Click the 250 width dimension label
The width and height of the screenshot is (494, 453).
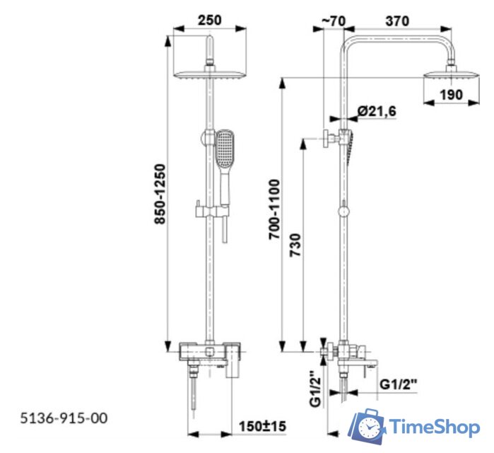[209, 20]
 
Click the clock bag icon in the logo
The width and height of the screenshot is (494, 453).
[368, 426]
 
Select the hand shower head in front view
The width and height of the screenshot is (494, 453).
[225, 149]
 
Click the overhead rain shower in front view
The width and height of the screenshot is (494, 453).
[208, 71]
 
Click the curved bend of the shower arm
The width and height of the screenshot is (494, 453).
[349, 44]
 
